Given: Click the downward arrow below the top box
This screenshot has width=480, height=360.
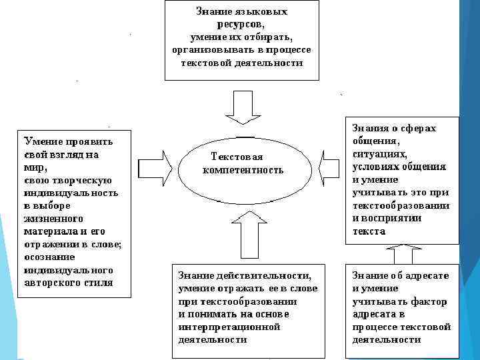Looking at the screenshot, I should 241,106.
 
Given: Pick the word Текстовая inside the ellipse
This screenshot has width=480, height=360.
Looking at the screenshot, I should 237,157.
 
